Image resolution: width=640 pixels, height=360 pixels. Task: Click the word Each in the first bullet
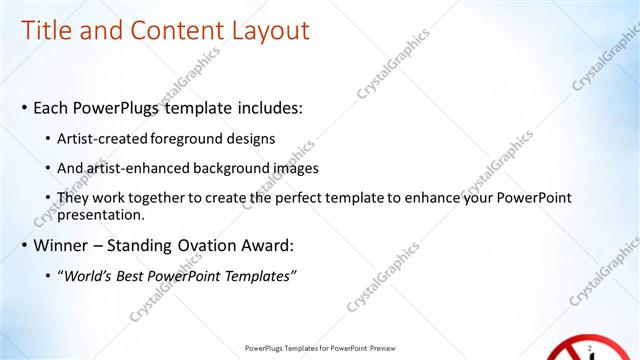(52, 107)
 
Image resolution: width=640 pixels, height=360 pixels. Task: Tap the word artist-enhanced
(137, 168)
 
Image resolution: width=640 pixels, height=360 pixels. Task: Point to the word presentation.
(102, 214)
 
